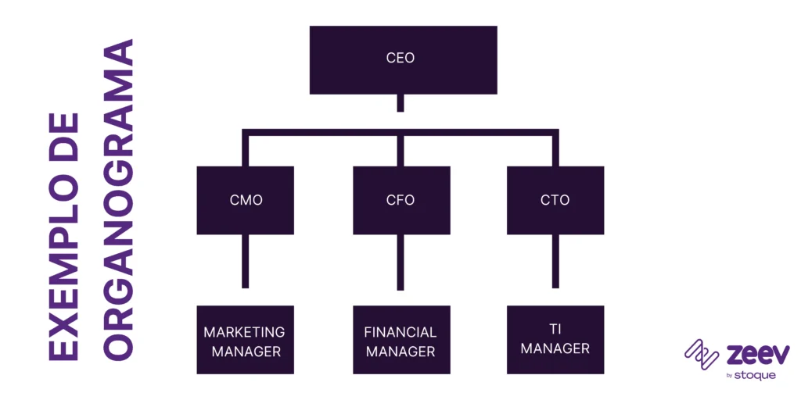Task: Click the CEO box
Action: coord(403,59)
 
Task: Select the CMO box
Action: coord(246,200)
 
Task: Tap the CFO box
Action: coord(400,200)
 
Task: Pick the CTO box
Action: coord(555,200)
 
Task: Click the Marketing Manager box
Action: coord(246,340)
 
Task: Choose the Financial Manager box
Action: coord(400,340)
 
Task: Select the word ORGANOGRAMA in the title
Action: coord(118,199)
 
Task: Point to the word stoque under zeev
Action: coord(755,376)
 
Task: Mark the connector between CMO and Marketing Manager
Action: coord(246,262)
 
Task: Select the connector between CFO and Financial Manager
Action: coord(400,262)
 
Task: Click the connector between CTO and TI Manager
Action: coord(555,262)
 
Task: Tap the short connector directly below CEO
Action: coord(400,104)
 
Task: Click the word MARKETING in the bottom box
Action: coord(244,332)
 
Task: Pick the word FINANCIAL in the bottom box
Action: coord(400,332)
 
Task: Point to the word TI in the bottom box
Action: coord(555,329)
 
